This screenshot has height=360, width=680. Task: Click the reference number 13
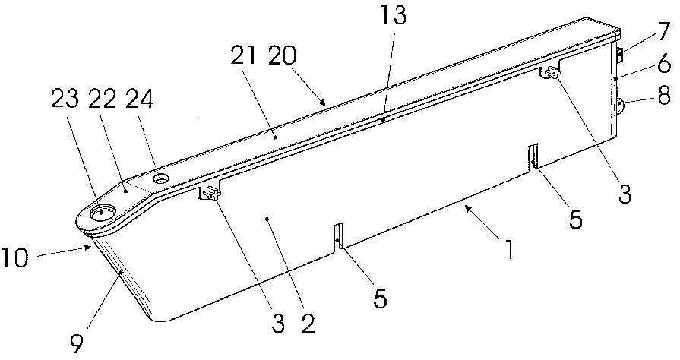pyautogui.click(x=393, y=17)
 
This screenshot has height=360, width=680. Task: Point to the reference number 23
pyautogui.click(x=65, y=99)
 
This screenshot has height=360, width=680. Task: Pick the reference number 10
pyautogui.click(x=14, y=257)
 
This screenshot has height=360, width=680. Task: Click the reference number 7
pyautogui.click(x=663, y=32)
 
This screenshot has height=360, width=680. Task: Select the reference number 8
pyautogui.click(x=664, y=96)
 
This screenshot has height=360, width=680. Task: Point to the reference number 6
pyautogui.click(x=664, y=65)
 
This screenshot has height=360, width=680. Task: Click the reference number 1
pyautogui.click(x=509, y=250)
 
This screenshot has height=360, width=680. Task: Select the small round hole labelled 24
pyautogui.click(x=161, y=178)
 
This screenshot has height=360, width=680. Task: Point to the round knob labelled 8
pyautogui.click(x=620, y=106)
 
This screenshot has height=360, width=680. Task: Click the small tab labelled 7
pyautogui.click(x=620, y=55)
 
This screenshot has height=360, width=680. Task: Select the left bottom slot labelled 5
pyautogui.click(x=338, y=237)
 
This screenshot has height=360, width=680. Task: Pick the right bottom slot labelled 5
pyautogui.click(x=533, y=156)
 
